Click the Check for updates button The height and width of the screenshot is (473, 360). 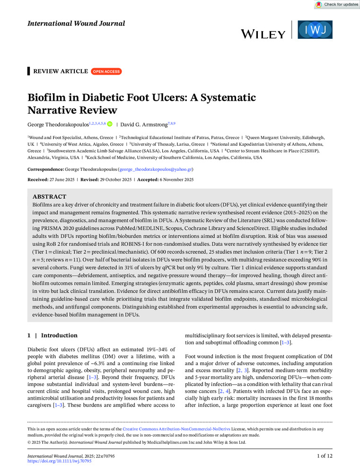pos(336,4)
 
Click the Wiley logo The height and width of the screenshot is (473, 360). pos(263,34)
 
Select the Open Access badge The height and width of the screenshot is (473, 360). pos(106,71)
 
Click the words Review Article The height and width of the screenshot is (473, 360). pos(60,71)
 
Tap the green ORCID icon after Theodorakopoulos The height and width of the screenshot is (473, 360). pos(110,124)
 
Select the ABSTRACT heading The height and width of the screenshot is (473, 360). pos(49,196)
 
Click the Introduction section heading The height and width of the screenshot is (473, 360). pos(59,335)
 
